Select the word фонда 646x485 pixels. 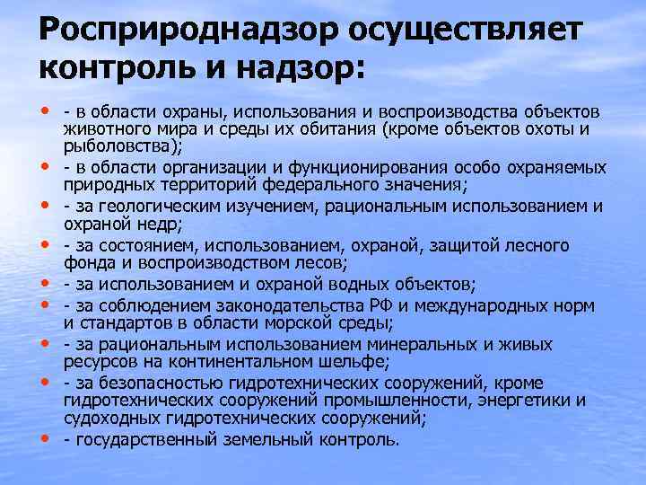click(87, 263)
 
